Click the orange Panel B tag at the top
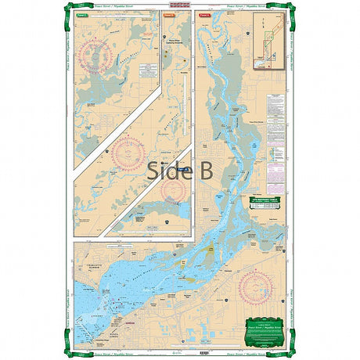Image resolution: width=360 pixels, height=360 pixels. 169,14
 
